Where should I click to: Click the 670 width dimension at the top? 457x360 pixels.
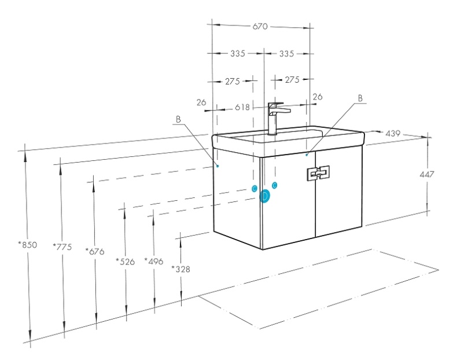(260, 27)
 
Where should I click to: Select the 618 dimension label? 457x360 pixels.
(242, 108)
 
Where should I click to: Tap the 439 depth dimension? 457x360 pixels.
(393, 134)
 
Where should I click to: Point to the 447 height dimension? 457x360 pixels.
(427, 174)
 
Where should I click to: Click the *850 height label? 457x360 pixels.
(28, 245)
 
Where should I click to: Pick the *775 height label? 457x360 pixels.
(62, 247)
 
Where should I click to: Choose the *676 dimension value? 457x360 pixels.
(95, 251)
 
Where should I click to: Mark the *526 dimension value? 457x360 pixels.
(126, 262)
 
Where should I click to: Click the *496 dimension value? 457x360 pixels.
(154, 262)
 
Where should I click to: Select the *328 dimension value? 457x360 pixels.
(180, 269)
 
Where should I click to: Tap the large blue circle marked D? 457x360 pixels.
(264, 196)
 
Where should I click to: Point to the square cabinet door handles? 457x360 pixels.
(318, 174)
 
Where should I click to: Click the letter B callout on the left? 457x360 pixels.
(178, 119)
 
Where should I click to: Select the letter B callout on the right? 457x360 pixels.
(360, 98)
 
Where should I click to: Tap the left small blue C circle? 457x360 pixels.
(255, 189)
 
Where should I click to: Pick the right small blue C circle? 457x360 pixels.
(274, 185)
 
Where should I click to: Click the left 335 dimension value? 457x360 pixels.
(238, 54)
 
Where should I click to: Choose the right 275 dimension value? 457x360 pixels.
(292, 79)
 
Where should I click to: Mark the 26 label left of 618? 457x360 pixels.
(201, 102)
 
